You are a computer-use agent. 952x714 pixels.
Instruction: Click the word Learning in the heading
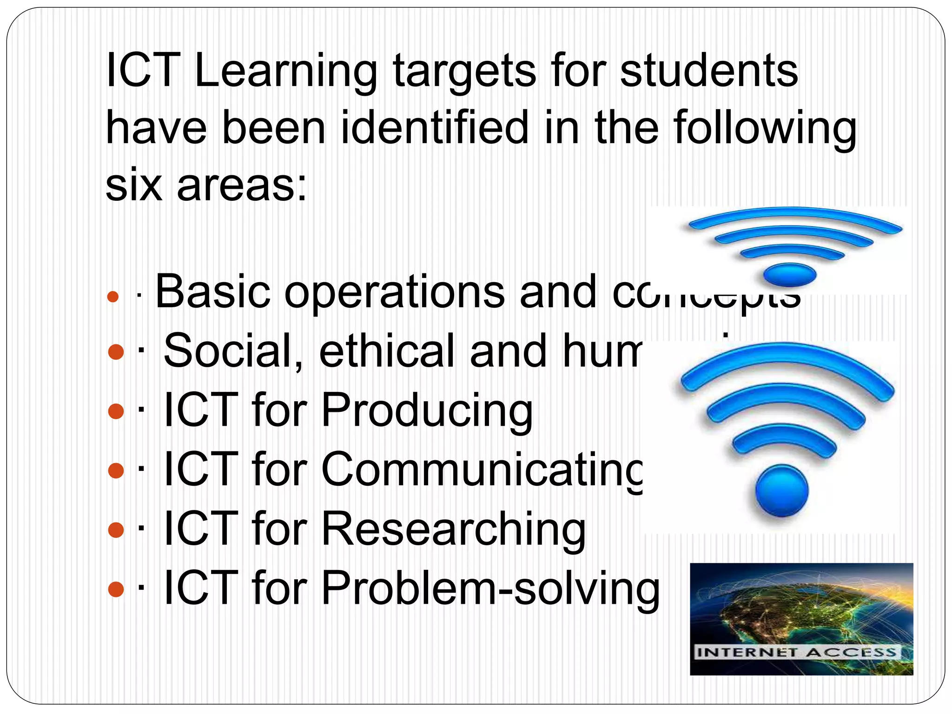coord(285,72)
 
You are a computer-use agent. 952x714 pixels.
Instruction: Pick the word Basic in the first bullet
coord(212,291)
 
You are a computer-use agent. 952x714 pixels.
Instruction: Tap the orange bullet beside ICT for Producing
coord(116,411)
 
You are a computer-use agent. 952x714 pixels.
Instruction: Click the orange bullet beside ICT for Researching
coord(116,530)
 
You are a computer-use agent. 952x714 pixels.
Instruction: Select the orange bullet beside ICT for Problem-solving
coord(116,589)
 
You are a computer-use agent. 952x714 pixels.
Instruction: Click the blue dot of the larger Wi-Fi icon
coord(782,491)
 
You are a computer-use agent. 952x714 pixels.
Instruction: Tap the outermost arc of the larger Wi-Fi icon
coord(787,360)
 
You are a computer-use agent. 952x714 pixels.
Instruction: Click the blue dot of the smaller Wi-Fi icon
coord(790,274)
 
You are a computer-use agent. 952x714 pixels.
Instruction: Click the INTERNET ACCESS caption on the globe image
coord(797,652)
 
